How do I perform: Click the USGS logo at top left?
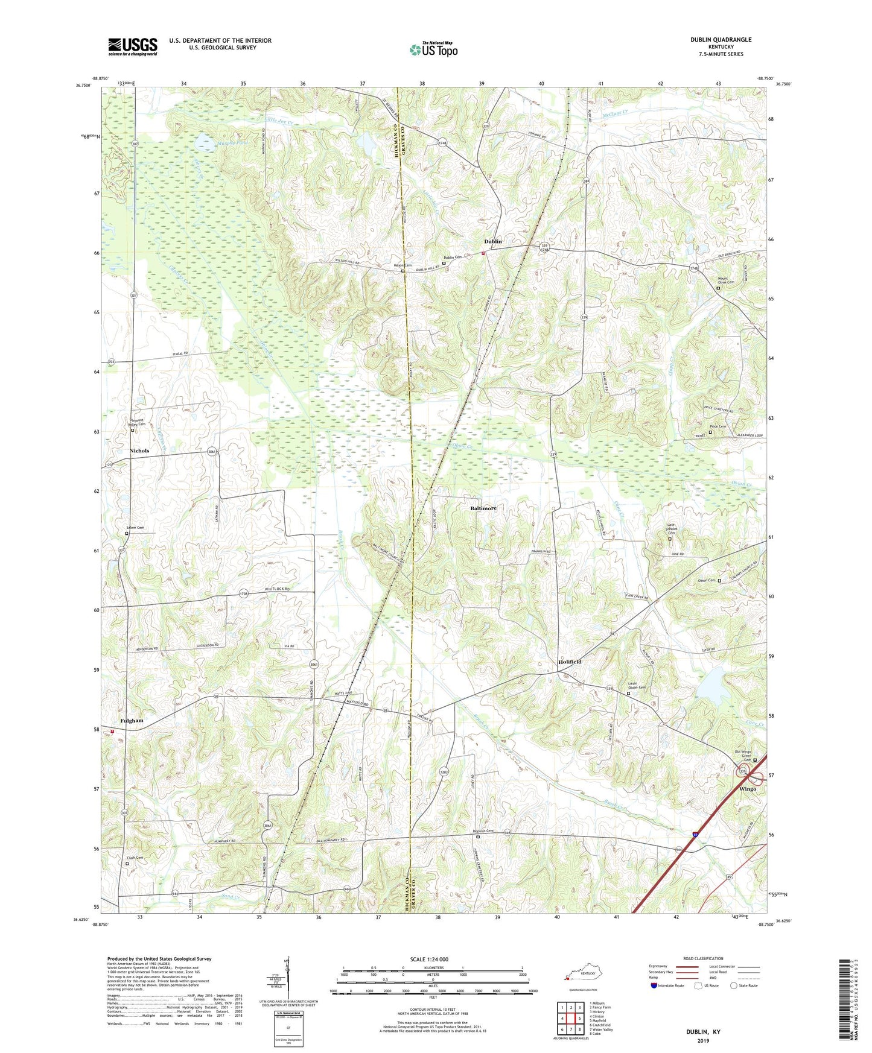pyautogui.click(x=132, y=46)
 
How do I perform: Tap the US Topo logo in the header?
pyautogui.click(x=433, y=49)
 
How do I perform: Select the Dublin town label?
pyautogui.click(x=492, y=242)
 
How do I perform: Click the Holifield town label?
pyautogui.click(x=570, y=662)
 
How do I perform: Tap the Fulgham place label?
pyautogui.click(x=132, y=721)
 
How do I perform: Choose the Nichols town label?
pyautogui.click(x=139, y=451)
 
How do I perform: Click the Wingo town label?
pyautogui.click(x=748, y=789)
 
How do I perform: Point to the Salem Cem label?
pyautogui.click(x=135, y=528)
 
